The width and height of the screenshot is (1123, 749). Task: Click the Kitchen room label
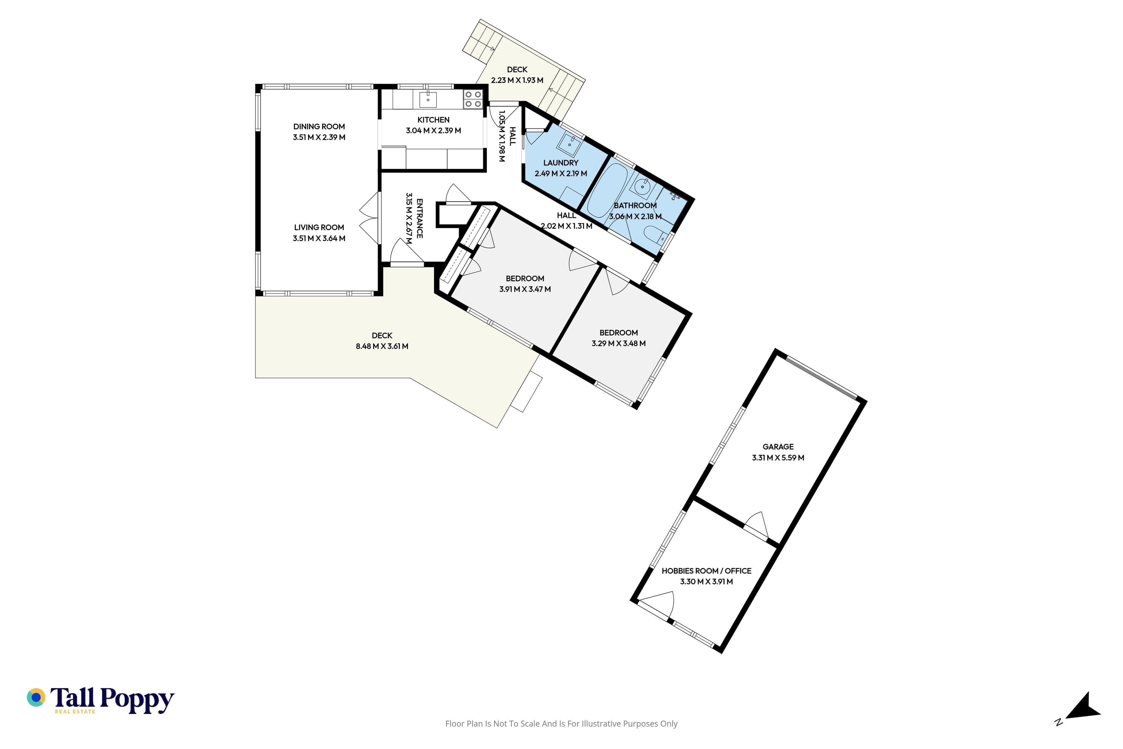pos(433,120)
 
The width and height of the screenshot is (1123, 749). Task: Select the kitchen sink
pos(428,100)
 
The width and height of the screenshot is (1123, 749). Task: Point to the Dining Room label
pos(319,127)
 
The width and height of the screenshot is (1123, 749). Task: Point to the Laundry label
pos(561,163)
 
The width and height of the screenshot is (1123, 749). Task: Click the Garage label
pos(778,447)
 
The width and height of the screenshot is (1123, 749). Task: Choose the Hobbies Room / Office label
pos(706,571)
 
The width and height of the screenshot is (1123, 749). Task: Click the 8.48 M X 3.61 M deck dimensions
pos(382,346)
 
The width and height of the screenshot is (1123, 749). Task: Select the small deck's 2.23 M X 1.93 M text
pos(517,80)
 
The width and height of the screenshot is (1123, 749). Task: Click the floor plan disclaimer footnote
pos(561,724)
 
